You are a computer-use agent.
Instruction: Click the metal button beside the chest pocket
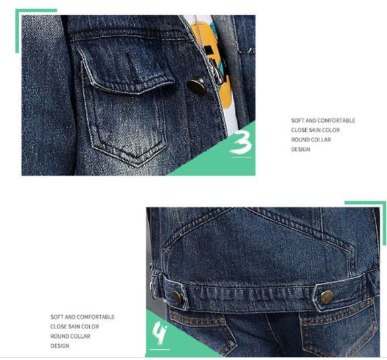(197, 86)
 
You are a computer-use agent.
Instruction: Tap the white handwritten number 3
(241, 142)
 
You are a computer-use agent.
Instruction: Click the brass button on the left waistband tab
(176, 297)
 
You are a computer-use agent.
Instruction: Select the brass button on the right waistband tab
(327, 297)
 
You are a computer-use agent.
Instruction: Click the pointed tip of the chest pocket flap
(138, 93)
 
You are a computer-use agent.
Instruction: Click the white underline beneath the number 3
(242, 157)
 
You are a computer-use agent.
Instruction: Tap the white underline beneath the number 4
(160, 349)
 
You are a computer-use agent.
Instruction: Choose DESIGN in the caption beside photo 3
(300, 149)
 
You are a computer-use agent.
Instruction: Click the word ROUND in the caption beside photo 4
(60, 337)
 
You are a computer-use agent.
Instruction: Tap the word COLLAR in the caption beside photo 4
(80, 337)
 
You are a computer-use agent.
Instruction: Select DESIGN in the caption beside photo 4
(60, 346)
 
